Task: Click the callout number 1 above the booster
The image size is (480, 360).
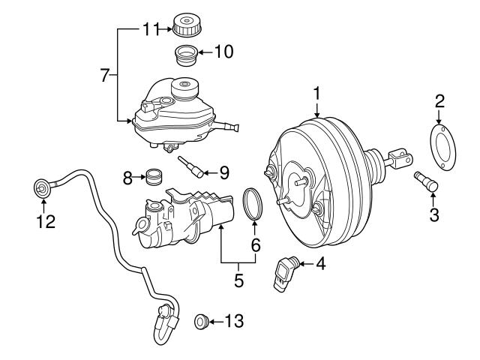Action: pyautogui.click(x=317, y=93)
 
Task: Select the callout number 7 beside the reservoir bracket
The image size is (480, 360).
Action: pyautogui.click(x=106, y=74)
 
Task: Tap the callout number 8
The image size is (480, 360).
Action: pyautogui.click(x=127, y=178)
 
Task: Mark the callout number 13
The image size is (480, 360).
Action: pyautogui.click(x=234, y=322)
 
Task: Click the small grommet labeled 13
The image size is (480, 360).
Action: pyautogui.click(x=201, y=322)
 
